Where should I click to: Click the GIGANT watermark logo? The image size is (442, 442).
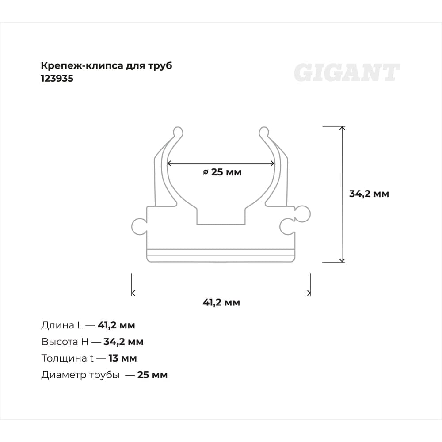point(347,73)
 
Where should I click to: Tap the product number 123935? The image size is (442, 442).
point(57,78)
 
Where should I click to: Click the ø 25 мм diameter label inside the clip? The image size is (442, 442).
point(222,172)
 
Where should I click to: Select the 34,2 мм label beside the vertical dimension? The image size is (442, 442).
point(369,194)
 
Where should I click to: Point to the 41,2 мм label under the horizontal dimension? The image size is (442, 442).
point(221,302)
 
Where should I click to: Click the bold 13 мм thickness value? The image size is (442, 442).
point(122,358)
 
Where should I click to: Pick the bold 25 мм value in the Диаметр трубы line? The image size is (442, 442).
point(152,375)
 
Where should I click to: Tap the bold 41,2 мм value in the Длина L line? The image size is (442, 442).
point(116,325)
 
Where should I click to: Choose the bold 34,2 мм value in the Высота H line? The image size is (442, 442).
point(123,342)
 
